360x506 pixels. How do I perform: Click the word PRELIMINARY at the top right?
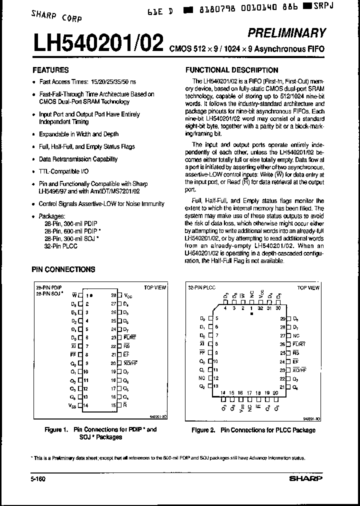coord(286,33)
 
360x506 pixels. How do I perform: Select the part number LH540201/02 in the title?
coord(97,44)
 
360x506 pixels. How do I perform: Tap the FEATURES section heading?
coord(50,70)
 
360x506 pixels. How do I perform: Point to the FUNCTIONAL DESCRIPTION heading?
coord(231,70)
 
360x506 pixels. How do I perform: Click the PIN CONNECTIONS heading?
coord(63,269)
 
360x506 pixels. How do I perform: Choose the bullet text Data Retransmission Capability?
coord(78,159)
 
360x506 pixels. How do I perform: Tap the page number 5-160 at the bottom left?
coord(38,478)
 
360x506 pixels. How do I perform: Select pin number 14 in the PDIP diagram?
coord(86,405)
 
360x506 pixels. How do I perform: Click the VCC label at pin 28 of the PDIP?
coord(128,295)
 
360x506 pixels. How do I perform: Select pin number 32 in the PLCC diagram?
coord(260,308)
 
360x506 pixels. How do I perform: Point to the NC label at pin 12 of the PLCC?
coord(201,378)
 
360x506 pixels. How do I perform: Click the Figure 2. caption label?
coord(204,430)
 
